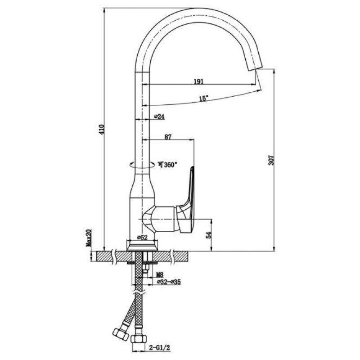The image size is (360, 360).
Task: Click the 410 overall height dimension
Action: [x=102, y=130]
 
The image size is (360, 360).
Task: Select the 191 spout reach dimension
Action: [x=199, y=81]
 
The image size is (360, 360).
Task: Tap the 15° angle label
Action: [x=204, y=98]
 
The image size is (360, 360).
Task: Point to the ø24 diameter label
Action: [x=159, y=117]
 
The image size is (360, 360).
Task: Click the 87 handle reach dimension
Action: [x=168, y=137]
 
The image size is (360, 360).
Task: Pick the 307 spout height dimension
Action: [x=271, y=160]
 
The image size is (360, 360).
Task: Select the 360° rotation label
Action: [x=167, y=164]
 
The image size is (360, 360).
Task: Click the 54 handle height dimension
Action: [x=209, y=235]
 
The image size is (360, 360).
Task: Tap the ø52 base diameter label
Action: [x=142, y=238]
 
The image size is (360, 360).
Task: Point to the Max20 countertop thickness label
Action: [x=89, y=238]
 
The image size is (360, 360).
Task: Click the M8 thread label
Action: [x=160, y=274]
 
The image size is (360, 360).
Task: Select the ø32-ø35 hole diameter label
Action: [x=169, y=282]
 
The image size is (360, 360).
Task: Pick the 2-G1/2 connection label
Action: [x=159, y=348]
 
